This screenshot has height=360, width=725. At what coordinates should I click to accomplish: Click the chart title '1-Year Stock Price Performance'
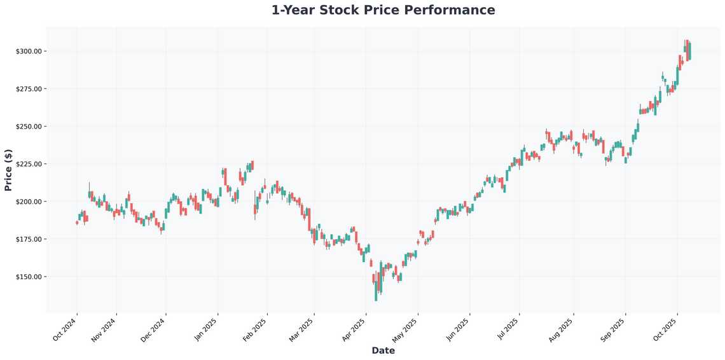click(383, 10)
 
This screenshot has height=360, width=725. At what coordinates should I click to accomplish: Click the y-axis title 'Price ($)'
click(8, 170)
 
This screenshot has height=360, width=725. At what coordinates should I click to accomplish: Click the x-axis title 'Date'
click(383, 350)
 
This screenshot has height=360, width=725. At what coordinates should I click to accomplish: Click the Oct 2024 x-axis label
click(64, 329)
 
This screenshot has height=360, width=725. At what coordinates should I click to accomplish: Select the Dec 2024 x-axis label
click(153, 329)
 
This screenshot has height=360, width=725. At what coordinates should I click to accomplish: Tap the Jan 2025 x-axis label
click(205, 329)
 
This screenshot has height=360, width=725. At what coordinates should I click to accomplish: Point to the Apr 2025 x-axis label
click(353, 329)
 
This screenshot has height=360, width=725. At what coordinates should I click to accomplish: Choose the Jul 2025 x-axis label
click(507, 329)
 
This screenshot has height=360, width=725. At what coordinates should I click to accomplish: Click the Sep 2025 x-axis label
click(613, 329)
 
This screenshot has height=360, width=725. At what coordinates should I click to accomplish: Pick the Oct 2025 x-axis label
click(665, 329)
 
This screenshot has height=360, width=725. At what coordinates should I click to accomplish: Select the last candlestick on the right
click(689, 51)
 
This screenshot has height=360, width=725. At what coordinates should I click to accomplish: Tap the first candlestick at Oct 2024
click(77, 223)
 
